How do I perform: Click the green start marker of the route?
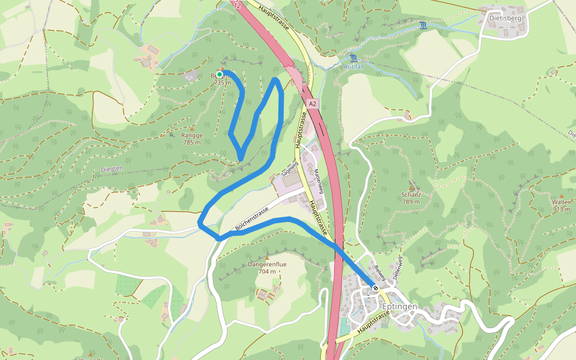click(220, 74)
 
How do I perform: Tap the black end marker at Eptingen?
click(376, 289)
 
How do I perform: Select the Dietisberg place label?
click(505, 18)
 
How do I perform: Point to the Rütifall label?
click(354, 67)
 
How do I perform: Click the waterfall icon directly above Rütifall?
click(354, 58)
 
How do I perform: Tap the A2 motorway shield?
click(311, 104)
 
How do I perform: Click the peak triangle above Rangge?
click(192, 128)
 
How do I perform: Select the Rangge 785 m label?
click(192, 139)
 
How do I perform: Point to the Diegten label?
click(112, 169)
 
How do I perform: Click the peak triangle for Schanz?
click(411, 188)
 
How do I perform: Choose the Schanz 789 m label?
click(411, 198)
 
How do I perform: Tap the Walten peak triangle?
click(561, 196)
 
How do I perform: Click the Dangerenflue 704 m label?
click(262, 268)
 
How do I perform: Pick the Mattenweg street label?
click(319, 181)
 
